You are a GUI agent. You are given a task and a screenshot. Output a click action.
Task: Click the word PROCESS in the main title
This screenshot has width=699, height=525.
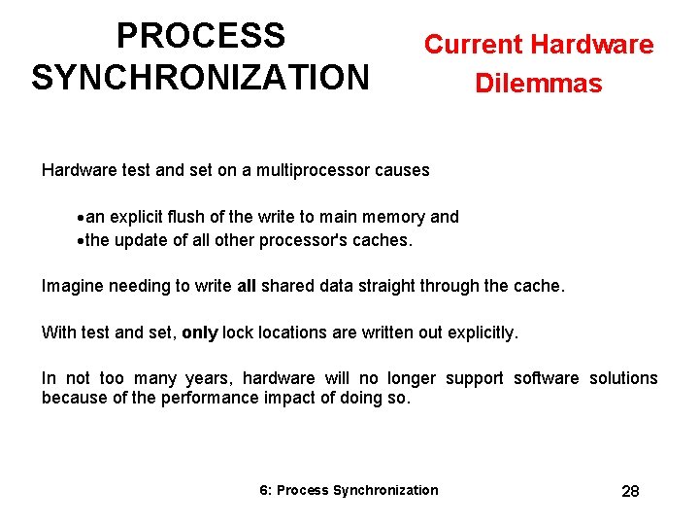(x=200, y=36)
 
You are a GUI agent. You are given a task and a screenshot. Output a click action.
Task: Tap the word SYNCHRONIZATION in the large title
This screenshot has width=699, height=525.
(x=200, y=77)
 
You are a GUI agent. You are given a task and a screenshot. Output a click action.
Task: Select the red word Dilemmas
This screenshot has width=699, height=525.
(x=538, y=84)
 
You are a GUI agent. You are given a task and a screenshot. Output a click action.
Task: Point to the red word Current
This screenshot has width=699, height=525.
(x=471, y=45)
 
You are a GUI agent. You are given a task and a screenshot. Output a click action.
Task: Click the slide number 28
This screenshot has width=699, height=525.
(x=630, y=491)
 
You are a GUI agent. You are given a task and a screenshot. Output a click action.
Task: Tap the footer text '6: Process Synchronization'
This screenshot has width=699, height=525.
(x=349, y=490)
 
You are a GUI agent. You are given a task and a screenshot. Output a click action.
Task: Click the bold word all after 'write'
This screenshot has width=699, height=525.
(x=247, y=286)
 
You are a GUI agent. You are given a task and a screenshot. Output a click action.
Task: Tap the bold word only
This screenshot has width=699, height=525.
(x=199, y=332)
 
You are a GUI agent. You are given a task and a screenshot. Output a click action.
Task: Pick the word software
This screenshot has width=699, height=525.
(x=546, y=378)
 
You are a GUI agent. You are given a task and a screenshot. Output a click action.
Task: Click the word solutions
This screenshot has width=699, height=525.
(x=623, y=378)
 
